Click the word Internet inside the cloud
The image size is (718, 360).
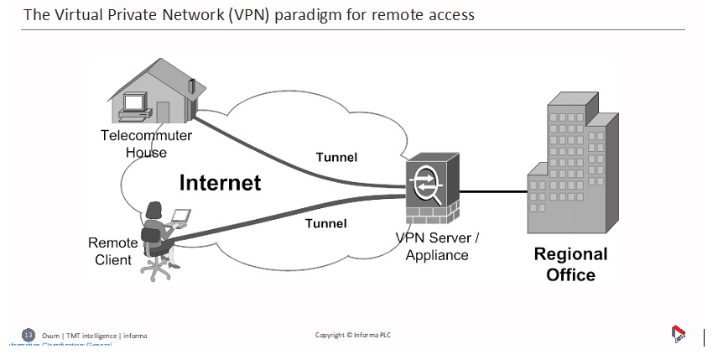(x=220, y=182)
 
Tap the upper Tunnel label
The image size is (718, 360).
(x=336, y=157)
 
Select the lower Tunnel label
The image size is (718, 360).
(x=325, y=223)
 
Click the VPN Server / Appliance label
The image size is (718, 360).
(x=437, y=247)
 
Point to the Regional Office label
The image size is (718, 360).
(x=570, y=264)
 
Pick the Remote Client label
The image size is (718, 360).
(x=113, y=251)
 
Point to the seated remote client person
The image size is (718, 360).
(x=154, y=227)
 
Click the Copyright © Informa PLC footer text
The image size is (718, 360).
(x=353, y=336)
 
